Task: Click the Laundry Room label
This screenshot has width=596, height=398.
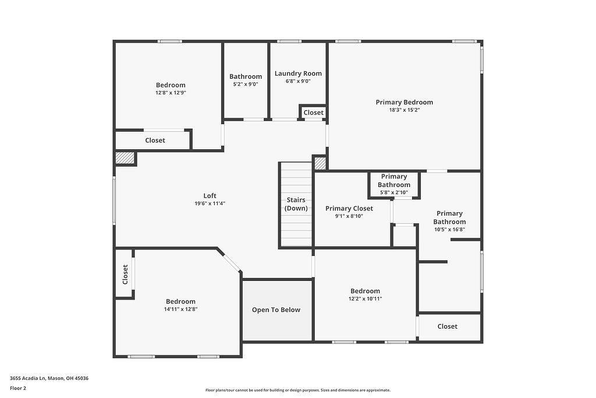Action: click(x=298, y=73)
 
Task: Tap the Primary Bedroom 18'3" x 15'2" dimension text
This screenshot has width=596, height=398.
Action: click(x=405, y=110)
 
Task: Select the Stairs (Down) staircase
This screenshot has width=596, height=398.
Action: click(x=296, y=204)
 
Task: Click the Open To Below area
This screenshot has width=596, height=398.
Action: click(x=276, y=310)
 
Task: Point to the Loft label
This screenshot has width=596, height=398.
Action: click(x=210, y=196)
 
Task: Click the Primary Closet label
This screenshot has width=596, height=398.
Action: click(x=349, y=208)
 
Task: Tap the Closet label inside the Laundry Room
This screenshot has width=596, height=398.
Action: click(x=313, y=112)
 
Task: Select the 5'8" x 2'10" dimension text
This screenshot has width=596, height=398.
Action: click(x=394, y=193)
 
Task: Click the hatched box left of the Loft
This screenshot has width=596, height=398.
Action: click(x=125, y=158)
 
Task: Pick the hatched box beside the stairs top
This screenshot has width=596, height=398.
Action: click(x=320, y=163)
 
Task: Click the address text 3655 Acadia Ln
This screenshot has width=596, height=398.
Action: click(x=49, y=378)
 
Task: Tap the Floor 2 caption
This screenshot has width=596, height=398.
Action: click(x=18, y=388)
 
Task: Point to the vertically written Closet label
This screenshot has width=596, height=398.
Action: click(x=125, y=274)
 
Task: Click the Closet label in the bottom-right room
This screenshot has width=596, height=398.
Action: click(x=448, y=327)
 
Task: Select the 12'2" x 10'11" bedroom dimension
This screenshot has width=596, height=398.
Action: click(x=365, y=299)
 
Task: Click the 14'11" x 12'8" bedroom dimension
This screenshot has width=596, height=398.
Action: click(x=180, y=309)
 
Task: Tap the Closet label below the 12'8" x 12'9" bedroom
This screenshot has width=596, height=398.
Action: click(x=155, y=140)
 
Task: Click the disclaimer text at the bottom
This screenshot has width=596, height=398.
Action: click(x=297, y=390)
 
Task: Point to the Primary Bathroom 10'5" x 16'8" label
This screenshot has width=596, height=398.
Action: click(x=449, y=217)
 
